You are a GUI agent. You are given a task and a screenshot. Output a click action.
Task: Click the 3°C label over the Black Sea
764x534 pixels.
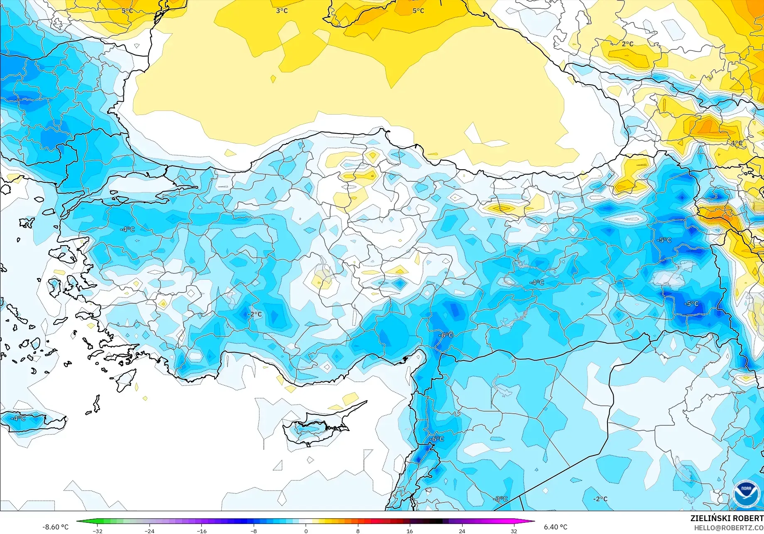[282, 11]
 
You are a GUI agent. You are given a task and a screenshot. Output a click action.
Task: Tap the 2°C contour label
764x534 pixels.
[627, 44]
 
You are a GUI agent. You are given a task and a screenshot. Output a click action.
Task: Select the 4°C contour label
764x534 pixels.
[737, 143]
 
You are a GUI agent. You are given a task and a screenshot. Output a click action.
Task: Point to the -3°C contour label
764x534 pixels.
[500, 499]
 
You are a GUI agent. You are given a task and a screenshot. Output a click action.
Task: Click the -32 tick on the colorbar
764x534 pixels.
[98, 531]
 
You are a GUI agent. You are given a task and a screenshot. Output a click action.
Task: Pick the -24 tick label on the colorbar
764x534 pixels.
[149, 531]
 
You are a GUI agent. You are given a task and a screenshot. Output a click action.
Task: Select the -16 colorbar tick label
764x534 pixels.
[201, 531]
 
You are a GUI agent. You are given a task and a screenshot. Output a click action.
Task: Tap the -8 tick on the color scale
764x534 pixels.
[254, 531]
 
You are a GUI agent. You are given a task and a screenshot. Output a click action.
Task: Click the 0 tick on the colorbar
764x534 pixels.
[306, 531]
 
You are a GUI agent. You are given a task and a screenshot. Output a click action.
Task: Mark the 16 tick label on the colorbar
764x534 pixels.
[410, 531]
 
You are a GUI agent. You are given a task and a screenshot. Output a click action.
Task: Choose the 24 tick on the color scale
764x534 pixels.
[462, 531]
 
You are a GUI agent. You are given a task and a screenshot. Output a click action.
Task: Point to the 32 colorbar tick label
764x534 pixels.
[514, 531]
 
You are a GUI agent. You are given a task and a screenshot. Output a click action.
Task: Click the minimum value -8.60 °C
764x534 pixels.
[55, 527]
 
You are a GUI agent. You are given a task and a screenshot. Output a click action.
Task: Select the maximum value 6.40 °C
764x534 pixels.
[556, 527]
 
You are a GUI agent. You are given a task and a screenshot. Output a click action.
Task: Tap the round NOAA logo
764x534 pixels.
[746, 493]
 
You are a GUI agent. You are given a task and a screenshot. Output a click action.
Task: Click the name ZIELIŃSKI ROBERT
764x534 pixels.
[727, 518]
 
